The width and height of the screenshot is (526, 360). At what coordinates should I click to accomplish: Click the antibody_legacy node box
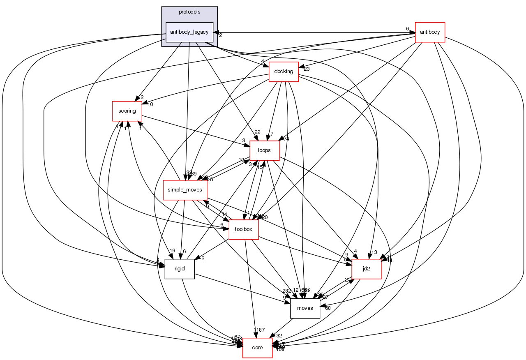pyautogui.click(x=189, y=32)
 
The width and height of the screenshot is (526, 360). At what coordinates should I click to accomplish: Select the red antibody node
pyautogui.click(x=430, y=32)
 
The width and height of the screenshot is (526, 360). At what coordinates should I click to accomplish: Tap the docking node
pyautogui.click(x=284, y=72)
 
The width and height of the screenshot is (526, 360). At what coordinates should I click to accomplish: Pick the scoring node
pyautogui.click(x=127, y=111)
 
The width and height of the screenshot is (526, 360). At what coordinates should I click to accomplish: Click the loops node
pyautogui.click(x=265, y=150)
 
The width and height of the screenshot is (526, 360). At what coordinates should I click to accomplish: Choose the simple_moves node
pyautogui.click(x=185, y=190)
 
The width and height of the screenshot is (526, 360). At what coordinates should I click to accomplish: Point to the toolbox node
pyautogui.click(x=243, y=229)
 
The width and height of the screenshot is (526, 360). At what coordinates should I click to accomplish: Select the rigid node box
pyautogui.click(x=180, y=269)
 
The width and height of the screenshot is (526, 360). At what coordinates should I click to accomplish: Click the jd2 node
pyautogui.click(x=367, y=269)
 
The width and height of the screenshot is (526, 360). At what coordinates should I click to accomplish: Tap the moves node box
pyautogui.click(x=305, y=308)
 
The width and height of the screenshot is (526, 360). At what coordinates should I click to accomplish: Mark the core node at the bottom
pyautogui.click(x=258, y=348)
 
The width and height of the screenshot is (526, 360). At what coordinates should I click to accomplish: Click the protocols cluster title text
pyautogui.click(x=189, y=12)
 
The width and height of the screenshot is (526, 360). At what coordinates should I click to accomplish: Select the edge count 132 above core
pyautogui.click(x=278, y=336)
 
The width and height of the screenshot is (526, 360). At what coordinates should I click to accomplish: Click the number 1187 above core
pyautogui.click(x=259, y=330)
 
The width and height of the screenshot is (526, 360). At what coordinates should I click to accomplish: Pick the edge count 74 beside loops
pyautogui.click(x=286, y=139)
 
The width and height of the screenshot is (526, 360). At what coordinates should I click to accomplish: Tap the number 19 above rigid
pyautogui.click(x=172, y=251)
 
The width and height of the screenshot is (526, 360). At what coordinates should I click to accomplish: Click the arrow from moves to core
pyautogui.click(x=284, y=328)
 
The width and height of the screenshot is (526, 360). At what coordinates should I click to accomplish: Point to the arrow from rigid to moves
pyautogui.click(x=242, y=288)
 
